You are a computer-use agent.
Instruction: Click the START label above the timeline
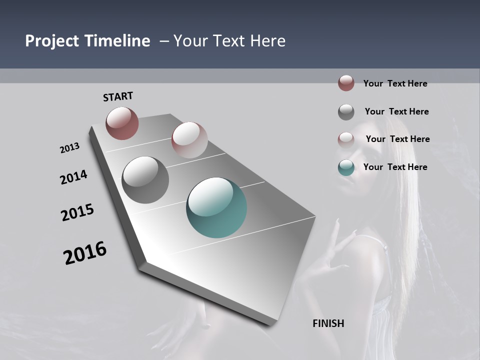[x=118, y=96]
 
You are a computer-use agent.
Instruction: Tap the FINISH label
[x=328, y=323]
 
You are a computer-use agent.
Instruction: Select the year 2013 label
[x=70, y=148]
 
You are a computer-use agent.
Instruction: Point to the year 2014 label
[x=74, y=177]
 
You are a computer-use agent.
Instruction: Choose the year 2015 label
[x=77, y=212]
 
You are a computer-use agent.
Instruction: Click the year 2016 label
[x=85, y=252]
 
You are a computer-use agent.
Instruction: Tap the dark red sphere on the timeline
[x=122, y=123]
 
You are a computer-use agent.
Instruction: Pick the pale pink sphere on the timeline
[x=189, y=140]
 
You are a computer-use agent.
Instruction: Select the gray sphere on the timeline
[x=145, y=180]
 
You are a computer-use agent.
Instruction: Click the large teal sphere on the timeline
[x=216, y=207]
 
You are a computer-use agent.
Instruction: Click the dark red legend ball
[x=346, y=83]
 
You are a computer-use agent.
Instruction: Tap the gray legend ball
[x=346, y=112]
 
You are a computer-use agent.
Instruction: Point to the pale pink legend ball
[x=346, y=140]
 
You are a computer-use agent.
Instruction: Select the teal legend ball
[x=346, y=168]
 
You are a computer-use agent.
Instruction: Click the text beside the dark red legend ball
[x=395, y=83]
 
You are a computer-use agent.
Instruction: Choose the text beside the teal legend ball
[x=395, y=167]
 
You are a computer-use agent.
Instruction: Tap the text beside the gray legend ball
[x=396, y=111]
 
